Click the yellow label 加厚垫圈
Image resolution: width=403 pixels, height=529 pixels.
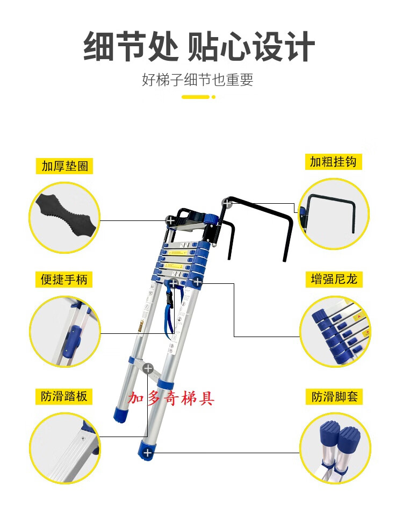click(64, 166)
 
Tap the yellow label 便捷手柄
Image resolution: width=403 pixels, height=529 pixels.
click(64, 280)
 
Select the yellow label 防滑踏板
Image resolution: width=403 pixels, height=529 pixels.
click(64, 396)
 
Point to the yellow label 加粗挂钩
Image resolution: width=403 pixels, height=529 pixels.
click(333, 162)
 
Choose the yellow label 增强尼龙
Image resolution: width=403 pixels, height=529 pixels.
click(334, 280)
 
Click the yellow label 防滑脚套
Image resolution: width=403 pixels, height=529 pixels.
click(334, 396)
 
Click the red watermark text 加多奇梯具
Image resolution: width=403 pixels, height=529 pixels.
click(171, 398)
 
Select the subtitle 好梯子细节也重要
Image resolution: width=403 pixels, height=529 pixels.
click(197, 80)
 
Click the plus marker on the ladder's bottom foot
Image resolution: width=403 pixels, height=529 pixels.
click(148, 453)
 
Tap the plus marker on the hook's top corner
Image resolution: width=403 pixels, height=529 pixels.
click(227, 203)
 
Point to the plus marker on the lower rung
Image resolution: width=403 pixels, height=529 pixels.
click(148, 368)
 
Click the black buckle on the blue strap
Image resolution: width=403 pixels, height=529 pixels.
click(169, 299)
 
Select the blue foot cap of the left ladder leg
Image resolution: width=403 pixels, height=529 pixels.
click(121, 414)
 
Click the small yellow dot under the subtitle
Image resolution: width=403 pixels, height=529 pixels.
click(213, 97)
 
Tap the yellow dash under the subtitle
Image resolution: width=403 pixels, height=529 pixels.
click(196, 97)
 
